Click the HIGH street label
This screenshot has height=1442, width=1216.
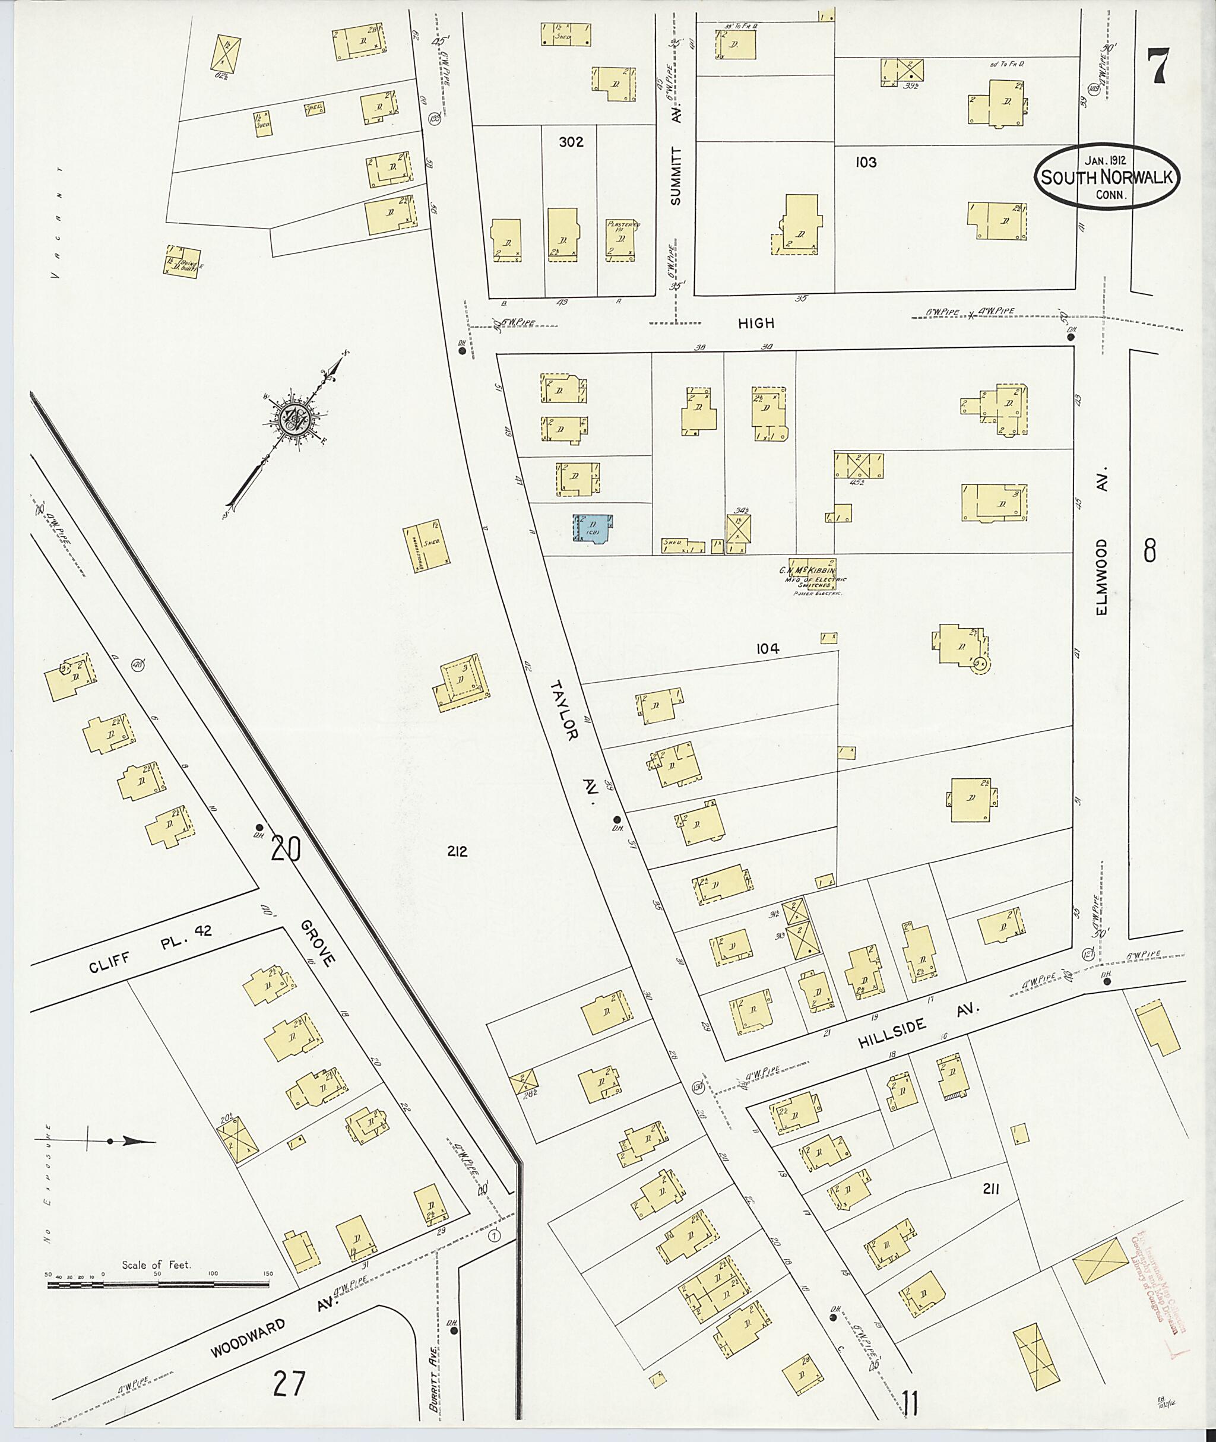click(756, 322)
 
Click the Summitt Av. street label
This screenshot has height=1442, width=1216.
click(676, 166)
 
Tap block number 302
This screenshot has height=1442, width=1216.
click(571, 142)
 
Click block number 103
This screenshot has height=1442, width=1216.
click(866, 162)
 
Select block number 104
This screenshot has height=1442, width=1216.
click(767, 649)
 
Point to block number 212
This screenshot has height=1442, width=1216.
click(457, 852)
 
